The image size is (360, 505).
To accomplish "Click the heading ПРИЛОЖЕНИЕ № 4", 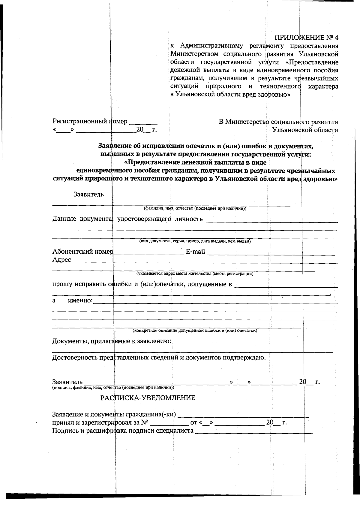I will (x=306, y=38).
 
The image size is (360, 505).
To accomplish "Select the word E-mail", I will (x=195, y=252).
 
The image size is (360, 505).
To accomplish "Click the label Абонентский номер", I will (x=82, y=252).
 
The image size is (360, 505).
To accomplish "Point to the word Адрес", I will (x=61, y=260).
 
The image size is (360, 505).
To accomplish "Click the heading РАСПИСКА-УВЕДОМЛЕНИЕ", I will (x=148, y=398).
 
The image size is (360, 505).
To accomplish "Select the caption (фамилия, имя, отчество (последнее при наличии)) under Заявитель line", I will (x=195, y=208).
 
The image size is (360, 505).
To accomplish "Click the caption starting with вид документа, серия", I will (x=195, y=241).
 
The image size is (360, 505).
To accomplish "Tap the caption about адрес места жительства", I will (x=195, y=274).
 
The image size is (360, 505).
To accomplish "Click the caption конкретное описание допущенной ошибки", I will (x=195, y=331).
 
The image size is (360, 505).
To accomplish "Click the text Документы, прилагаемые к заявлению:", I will (x=112, y=341).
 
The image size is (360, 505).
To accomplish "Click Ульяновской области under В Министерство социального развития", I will (x=305, y=130).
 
